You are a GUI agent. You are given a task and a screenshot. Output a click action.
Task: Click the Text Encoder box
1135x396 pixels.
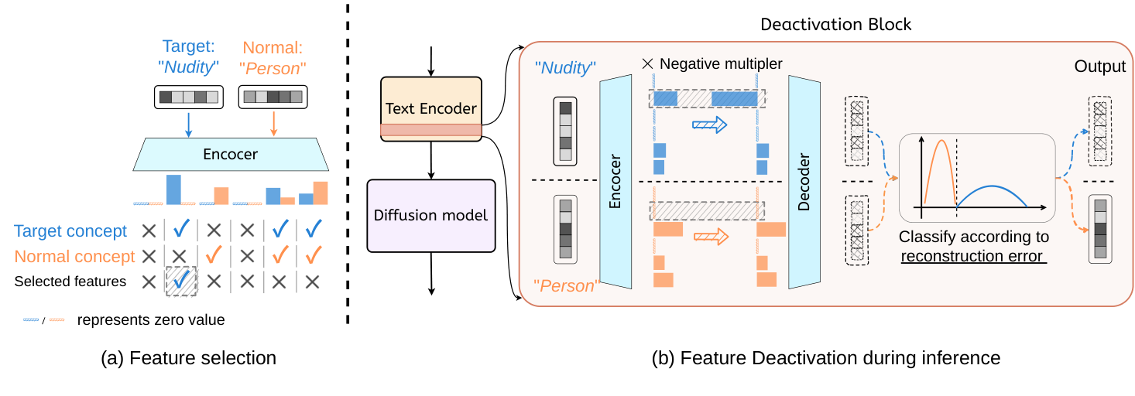[x=430, y=108]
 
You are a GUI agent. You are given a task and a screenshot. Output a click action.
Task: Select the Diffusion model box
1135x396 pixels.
[x=430, y=215]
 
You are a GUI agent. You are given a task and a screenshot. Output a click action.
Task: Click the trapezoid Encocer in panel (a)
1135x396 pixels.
[x=230, y=155]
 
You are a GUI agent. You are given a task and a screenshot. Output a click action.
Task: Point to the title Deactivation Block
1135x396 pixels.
[x=835, y=25]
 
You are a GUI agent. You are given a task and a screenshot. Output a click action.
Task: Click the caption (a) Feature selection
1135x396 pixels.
[x=188, y=358]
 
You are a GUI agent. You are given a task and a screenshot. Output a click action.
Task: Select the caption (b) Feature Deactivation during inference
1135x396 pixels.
[x=827, y=358]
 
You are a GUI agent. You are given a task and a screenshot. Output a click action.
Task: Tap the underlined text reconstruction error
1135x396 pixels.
[x=973, y=256]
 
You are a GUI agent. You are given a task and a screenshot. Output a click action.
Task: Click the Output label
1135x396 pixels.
[x=1099, y=67]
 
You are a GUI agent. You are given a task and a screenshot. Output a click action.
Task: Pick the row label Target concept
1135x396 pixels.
[x=70, y=230]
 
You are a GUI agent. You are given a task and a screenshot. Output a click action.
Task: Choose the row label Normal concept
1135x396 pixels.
[x=74, y=256]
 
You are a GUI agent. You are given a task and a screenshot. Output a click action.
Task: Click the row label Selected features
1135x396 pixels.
[x=70, y=282]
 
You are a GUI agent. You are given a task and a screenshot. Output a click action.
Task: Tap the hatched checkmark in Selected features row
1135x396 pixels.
[x=181, y=282]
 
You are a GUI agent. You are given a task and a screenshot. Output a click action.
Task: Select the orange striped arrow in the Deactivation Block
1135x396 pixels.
[x=709, y=237]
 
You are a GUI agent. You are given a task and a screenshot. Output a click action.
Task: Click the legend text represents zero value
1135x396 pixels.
[x=151, y=319]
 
